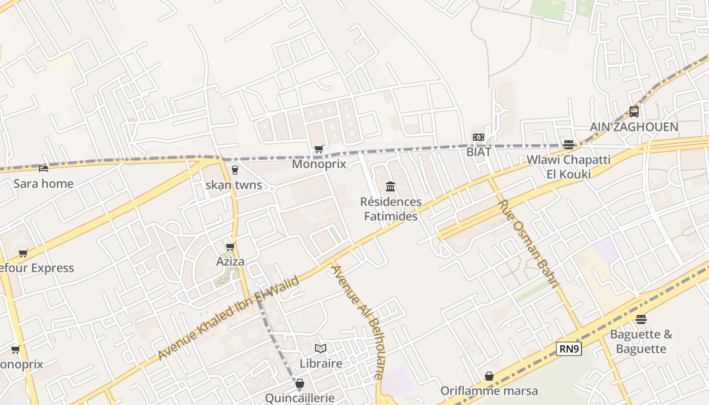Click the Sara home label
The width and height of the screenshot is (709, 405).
pyautogui.click(x=43, y=183)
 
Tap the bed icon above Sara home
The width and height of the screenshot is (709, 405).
pyautogui.click(x=44, y=168)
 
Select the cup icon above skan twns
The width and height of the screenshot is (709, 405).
pyautogui.click(x=234, y=170)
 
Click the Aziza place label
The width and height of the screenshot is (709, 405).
pyautogui.click(x=230, y=261)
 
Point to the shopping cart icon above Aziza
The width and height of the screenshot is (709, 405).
pyautogui.click(x=230, y=247)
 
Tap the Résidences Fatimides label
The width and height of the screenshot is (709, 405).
pyautogui.click(x=390, y=209)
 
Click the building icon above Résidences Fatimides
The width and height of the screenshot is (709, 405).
pyautogui.click(x=390, y=186)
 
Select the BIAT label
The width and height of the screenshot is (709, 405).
pyautogui.click(x=479, y=151)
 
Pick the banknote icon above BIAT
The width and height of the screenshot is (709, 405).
pyautogui.click(x=479, y=137)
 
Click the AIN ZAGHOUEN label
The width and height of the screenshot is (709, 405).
pyautogui.click(x=634, y=127)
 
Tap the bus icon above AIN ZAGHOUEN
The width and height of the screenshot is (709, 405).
pyautogui.click(x=634, y=111)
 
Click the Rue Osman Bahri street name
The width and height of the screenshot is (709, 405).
pyautogui.click(x=529, y=244)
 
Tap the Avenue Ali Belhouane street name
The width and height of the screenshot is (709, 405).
pyautogui.click(x=357, y=321)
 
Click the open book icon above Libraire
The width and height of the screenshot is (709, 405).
pyautogui.click(x=321, y=348)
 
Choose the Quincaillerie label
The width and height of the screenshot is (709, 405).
pyautogui.click(x=300, y=398)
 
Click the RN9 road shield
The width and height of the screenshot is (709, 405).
pyautogui.click(x=569, y=348)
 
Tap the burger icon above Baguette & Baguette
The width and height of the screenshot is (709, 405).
pyautogui.click(x=641, y=319)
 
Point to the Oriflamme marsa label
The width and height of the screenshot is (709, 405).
pyautogui.click(x=489, y=391)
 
